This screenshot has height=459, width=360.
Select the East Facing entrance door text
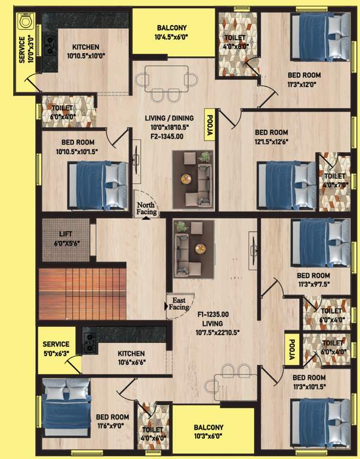pyautogui.click(x=179, y=304)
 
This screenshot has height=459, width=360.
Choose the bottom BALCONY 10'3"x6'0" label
pyautogui.click(x=208, y=432)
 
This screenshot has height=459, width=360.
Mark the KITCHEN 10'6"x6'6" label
pyautogui.click(x=131, y=357)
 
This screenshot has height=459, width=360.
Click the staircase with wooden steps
pyautogui.click(x=82, y=295)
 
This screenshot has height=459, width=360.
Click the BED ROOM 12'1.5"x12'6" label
pyautogui.click(x=271, y=137)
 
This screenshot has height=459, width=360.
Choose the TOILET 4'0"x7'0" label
pyautogui.click(x=334, y=181)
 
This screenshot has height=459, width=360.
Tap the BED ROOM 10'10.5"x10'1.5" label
pyautogui.click(x=80, y=147)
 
